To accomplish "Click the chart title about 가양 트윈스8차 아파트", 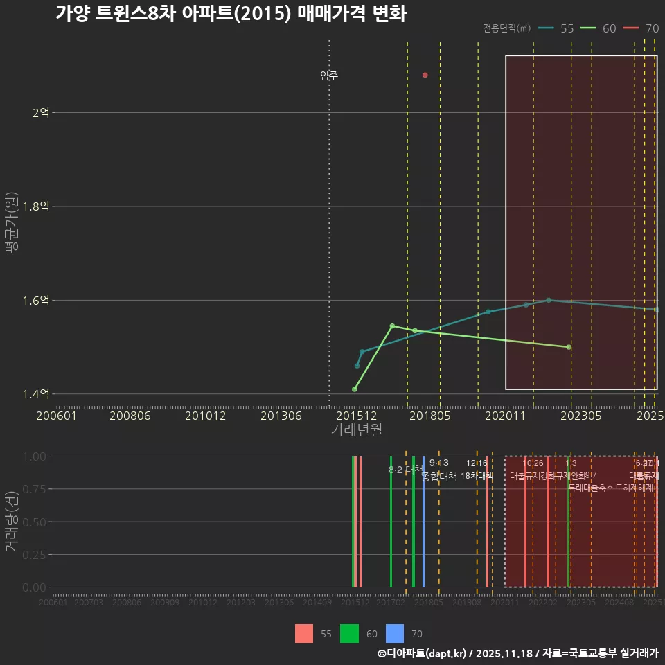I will click(x=230, y=14).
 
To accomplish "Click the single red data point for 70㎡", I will click(x=425, y=75).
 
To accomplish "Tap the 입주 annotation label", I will click(x=329, y=76).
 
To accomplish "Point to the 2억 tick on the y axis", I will click(x=40, y=112).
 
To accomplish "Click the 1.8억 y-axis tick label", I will click(x=36, y=206).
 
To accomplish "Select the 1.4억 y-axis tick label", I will click(x=36, y=394).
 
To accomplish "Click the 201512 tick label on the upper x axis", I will click(x=357, y=416).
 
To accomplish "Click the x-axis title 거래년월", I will click(x=356, y=430).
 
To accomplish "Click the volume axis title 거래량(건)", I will click(x=12, y=522).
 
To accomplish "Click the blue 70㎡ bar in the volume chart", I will click(x=423, y=522).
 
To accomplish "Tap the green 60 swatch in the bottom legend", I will click(x=349, y=633).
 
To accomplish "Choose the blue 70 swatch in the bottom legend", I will click(x=394, y=633).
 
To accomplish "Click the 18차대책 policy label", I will click(x=477, y=476).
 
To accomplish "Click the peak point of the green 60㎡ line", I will click(x=392, y=326).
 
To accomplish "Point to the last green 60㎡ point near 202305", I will click(x=569, y=347).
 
